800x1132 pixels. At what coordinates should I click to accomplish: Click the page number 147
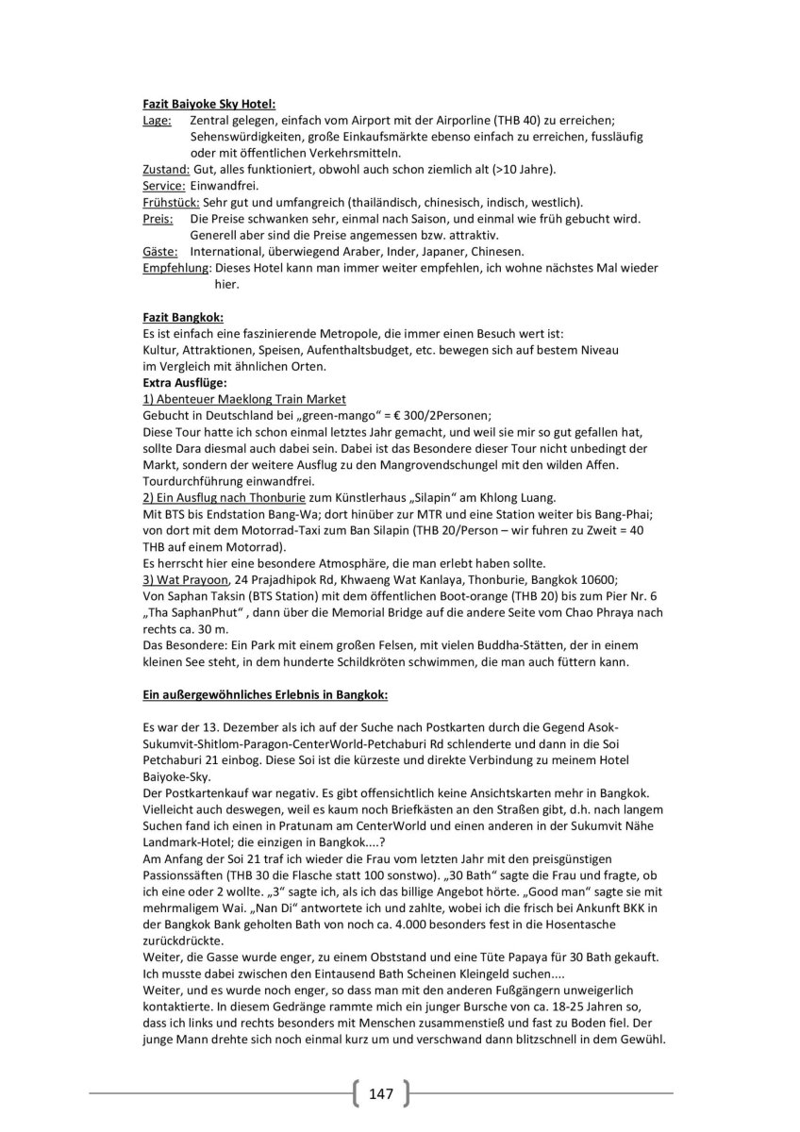pos(381,1093)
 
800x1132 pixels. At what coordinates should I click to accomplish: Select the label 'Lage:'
pos(157,121)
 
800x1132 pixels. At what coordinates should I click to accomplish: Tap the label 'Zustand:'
pos(165,169)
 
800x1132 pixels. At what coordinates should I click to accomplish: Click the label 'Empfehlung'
pos(175,268)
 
